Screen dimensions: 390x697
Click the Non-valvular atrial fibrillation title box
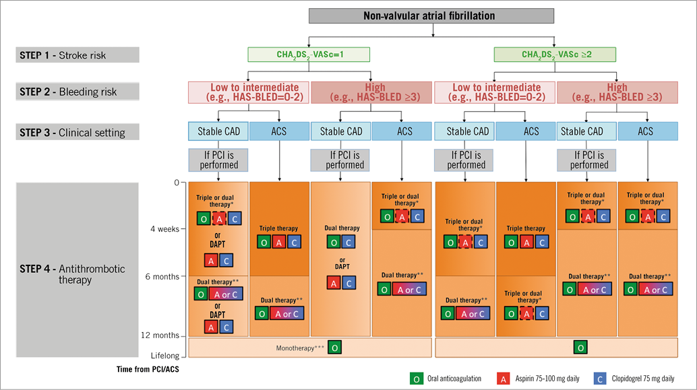click(x=431, y=16)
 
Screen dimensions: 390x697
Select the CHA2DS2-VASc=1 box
click(x=309, y=54)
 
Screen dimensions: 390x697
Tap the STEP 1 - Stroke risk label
click(x=78, y=55)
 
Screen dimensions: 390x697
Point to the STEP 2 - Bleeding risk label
click(x=78, y=92)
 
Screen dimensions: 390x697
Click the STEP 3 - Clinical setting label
click(x=78, y=132)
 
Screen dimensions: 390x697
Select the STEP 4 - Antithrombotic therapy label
click(x=78, y=274)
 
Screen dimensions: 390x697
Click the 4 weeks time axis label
click(x=164, y=229)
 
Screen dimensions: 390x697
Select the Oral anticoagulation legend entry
click(x=445, y=379)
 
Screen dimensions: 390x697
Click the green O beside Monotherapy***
click(x=335, y=348)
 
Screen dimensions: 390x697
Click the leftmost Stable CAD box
click(x=218, y=131)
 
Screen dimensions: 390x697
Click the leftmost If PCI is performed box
click(x=218, y=160)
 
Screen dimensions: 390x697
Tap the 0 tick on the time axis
click(x=177, y=182)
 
